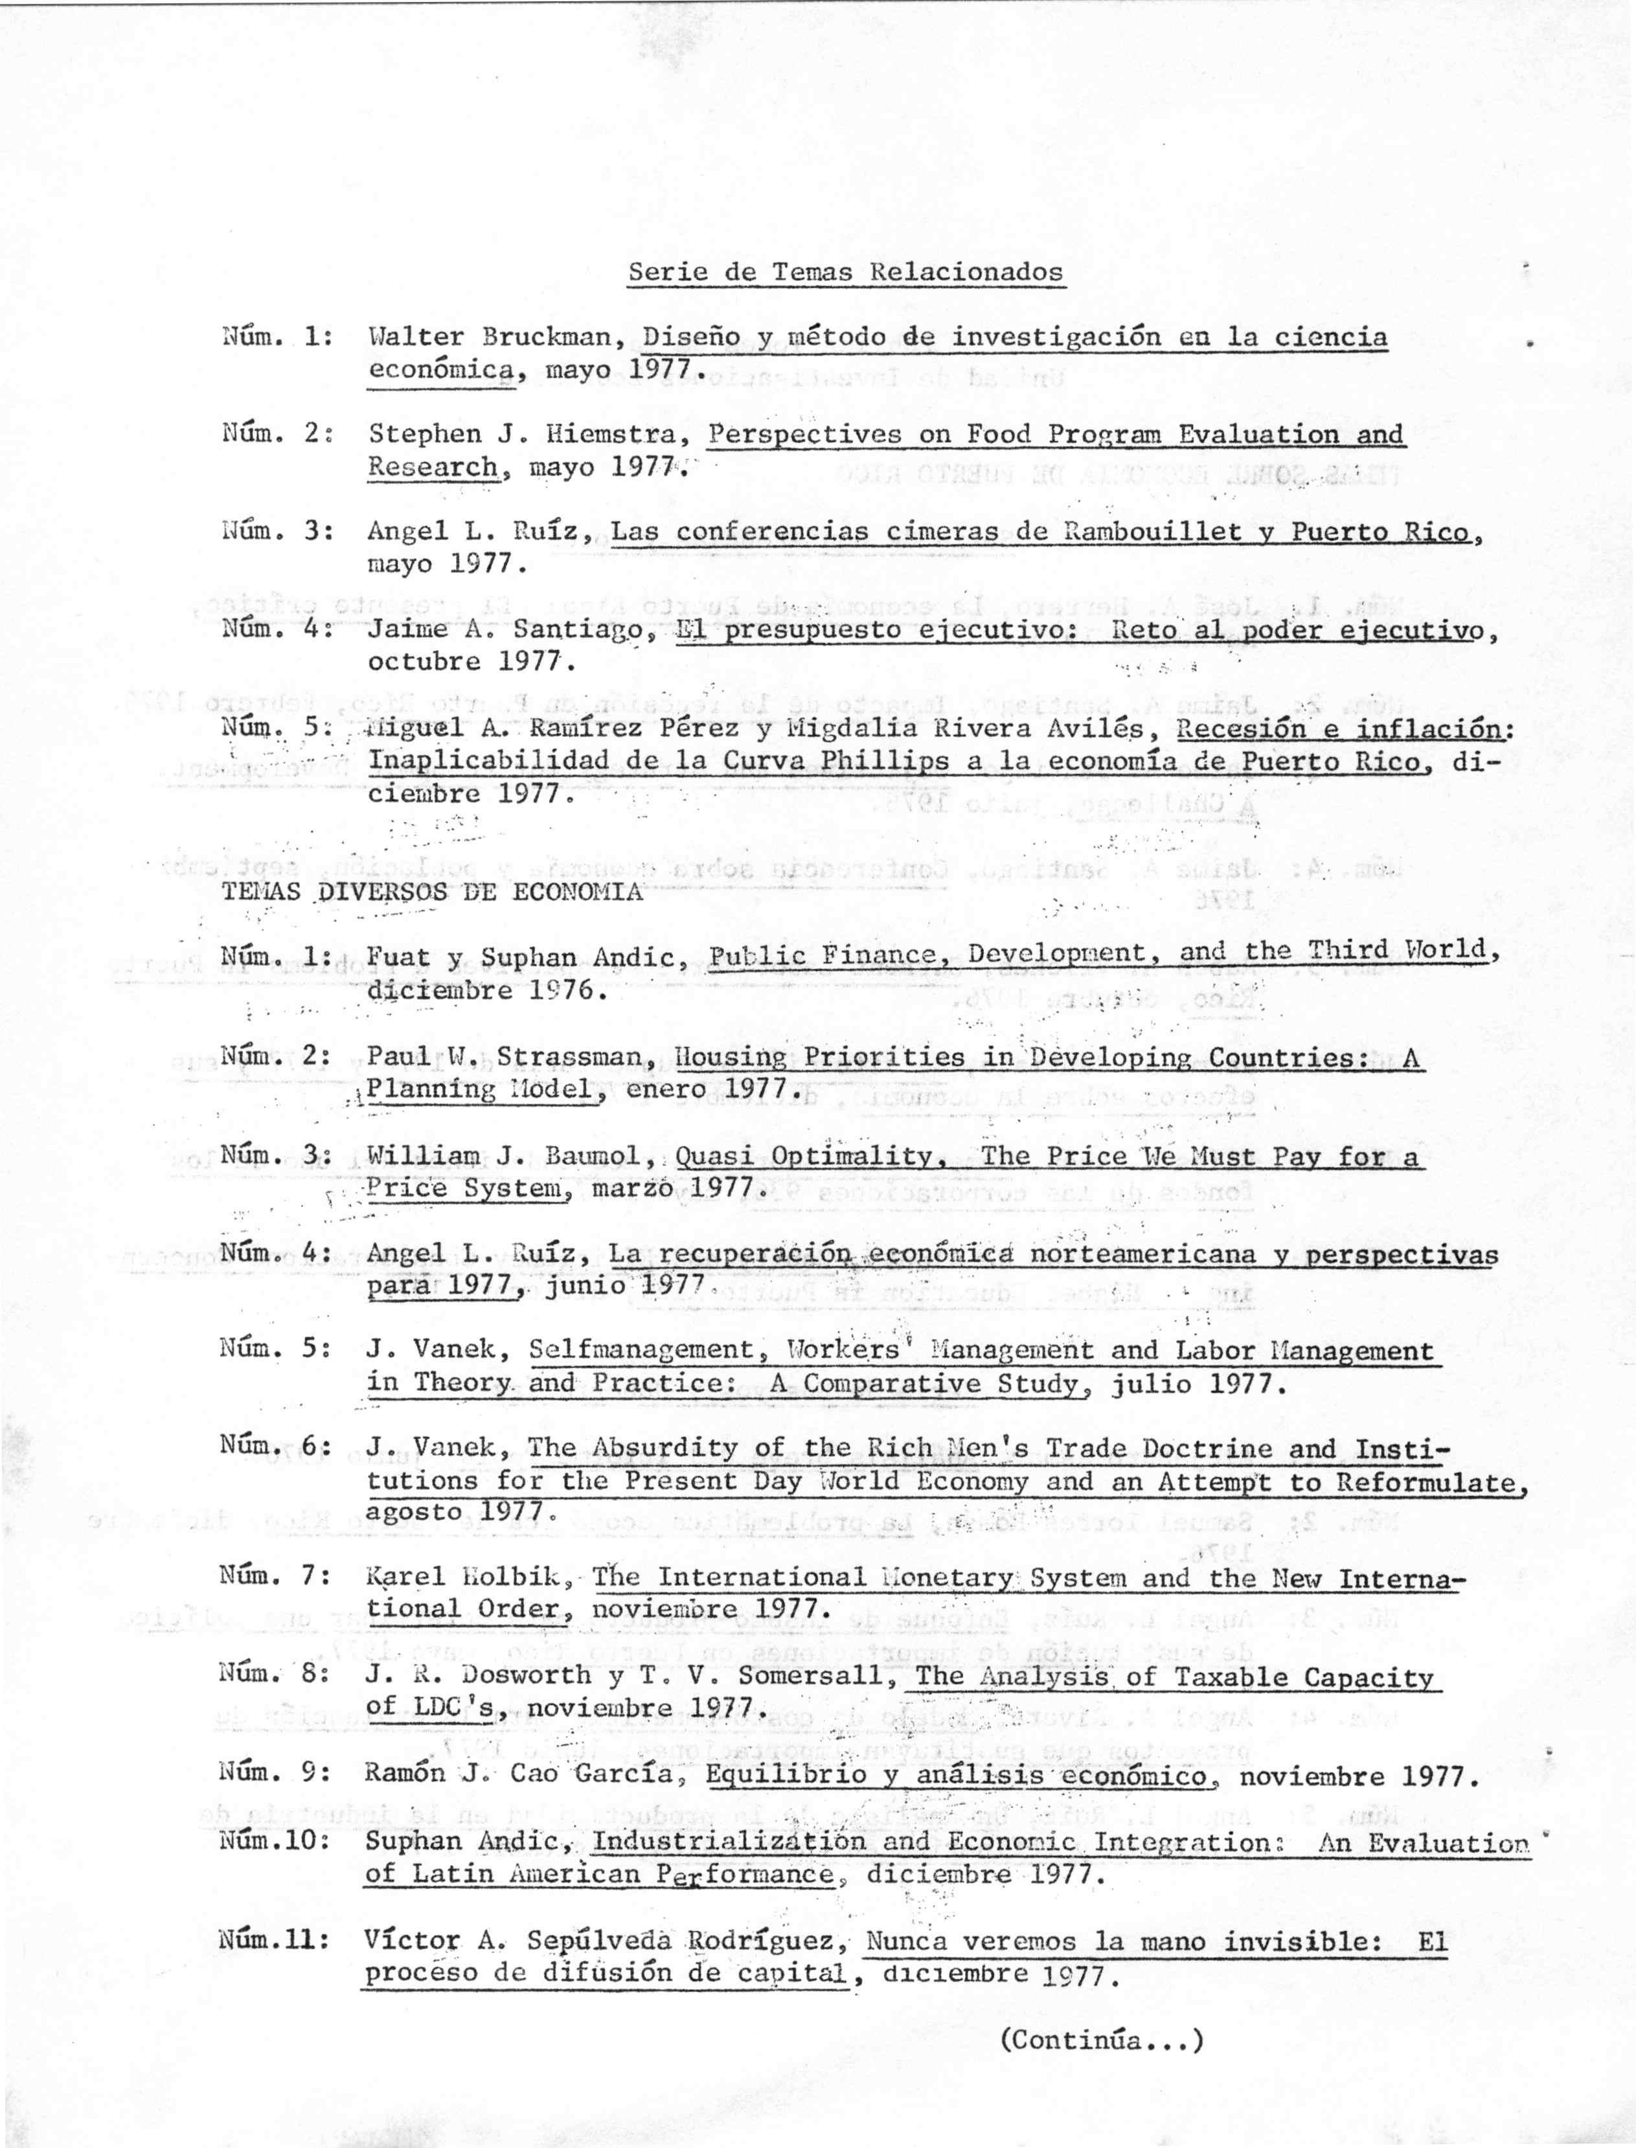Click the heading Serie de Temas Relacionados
845,272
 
